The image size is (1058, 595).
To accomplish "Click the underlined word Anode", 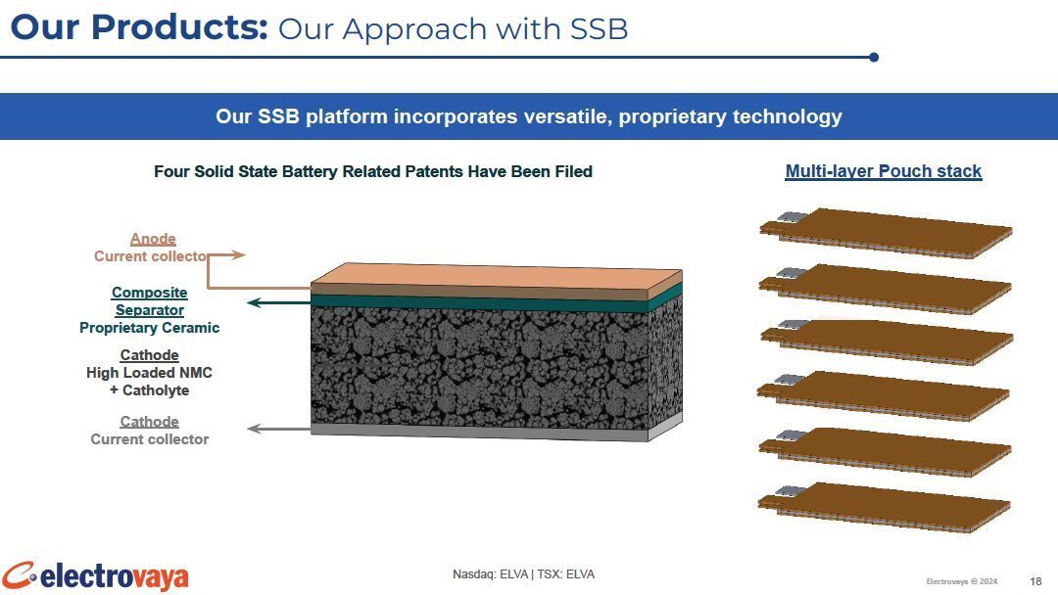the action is click(x=153, y=239).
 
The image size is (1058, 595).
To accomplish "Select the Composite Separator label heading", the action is click(x=149, y=301).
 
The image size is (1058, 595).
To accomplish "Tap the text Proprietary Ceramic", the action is click(x=149, y=328).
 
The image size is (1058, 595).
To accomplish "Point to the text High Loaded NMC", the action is click(x=149, y=373).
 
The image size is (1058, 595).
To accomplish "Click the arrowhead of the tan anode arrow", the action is click(x=236, y=254).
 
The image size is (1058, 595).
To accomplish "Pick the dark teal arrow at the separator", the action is click(x=278, y=302).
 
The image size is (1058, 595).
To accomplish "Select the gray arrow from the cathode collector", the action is click(x=278, y=428).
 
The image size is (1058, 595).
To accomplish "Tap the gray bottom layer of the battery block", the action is click(x=496, y=432).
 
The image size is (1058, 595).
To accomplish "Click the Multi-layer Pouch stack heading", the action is click(x=884, y=171).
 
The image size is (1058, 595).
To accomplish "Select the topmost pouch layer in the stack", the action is click(x=886, y=233).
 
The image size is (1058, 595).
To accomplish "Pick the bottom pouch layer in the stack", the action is click(x=884, y=507).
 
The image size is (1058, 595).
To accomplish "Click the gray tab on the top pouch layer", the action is click(x=792, y=217).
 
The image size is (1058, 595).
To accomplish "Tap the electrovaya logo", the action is click(x=94, y=576).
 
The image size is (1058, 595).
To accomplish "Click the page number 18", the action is click(x=1035, y=581).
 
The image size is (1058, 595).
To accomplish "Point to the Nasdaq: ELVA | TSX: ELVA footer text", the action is click(x=523, y=574).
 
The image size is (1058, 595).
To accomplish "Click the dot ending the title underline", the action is click(x=874, y=58).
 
